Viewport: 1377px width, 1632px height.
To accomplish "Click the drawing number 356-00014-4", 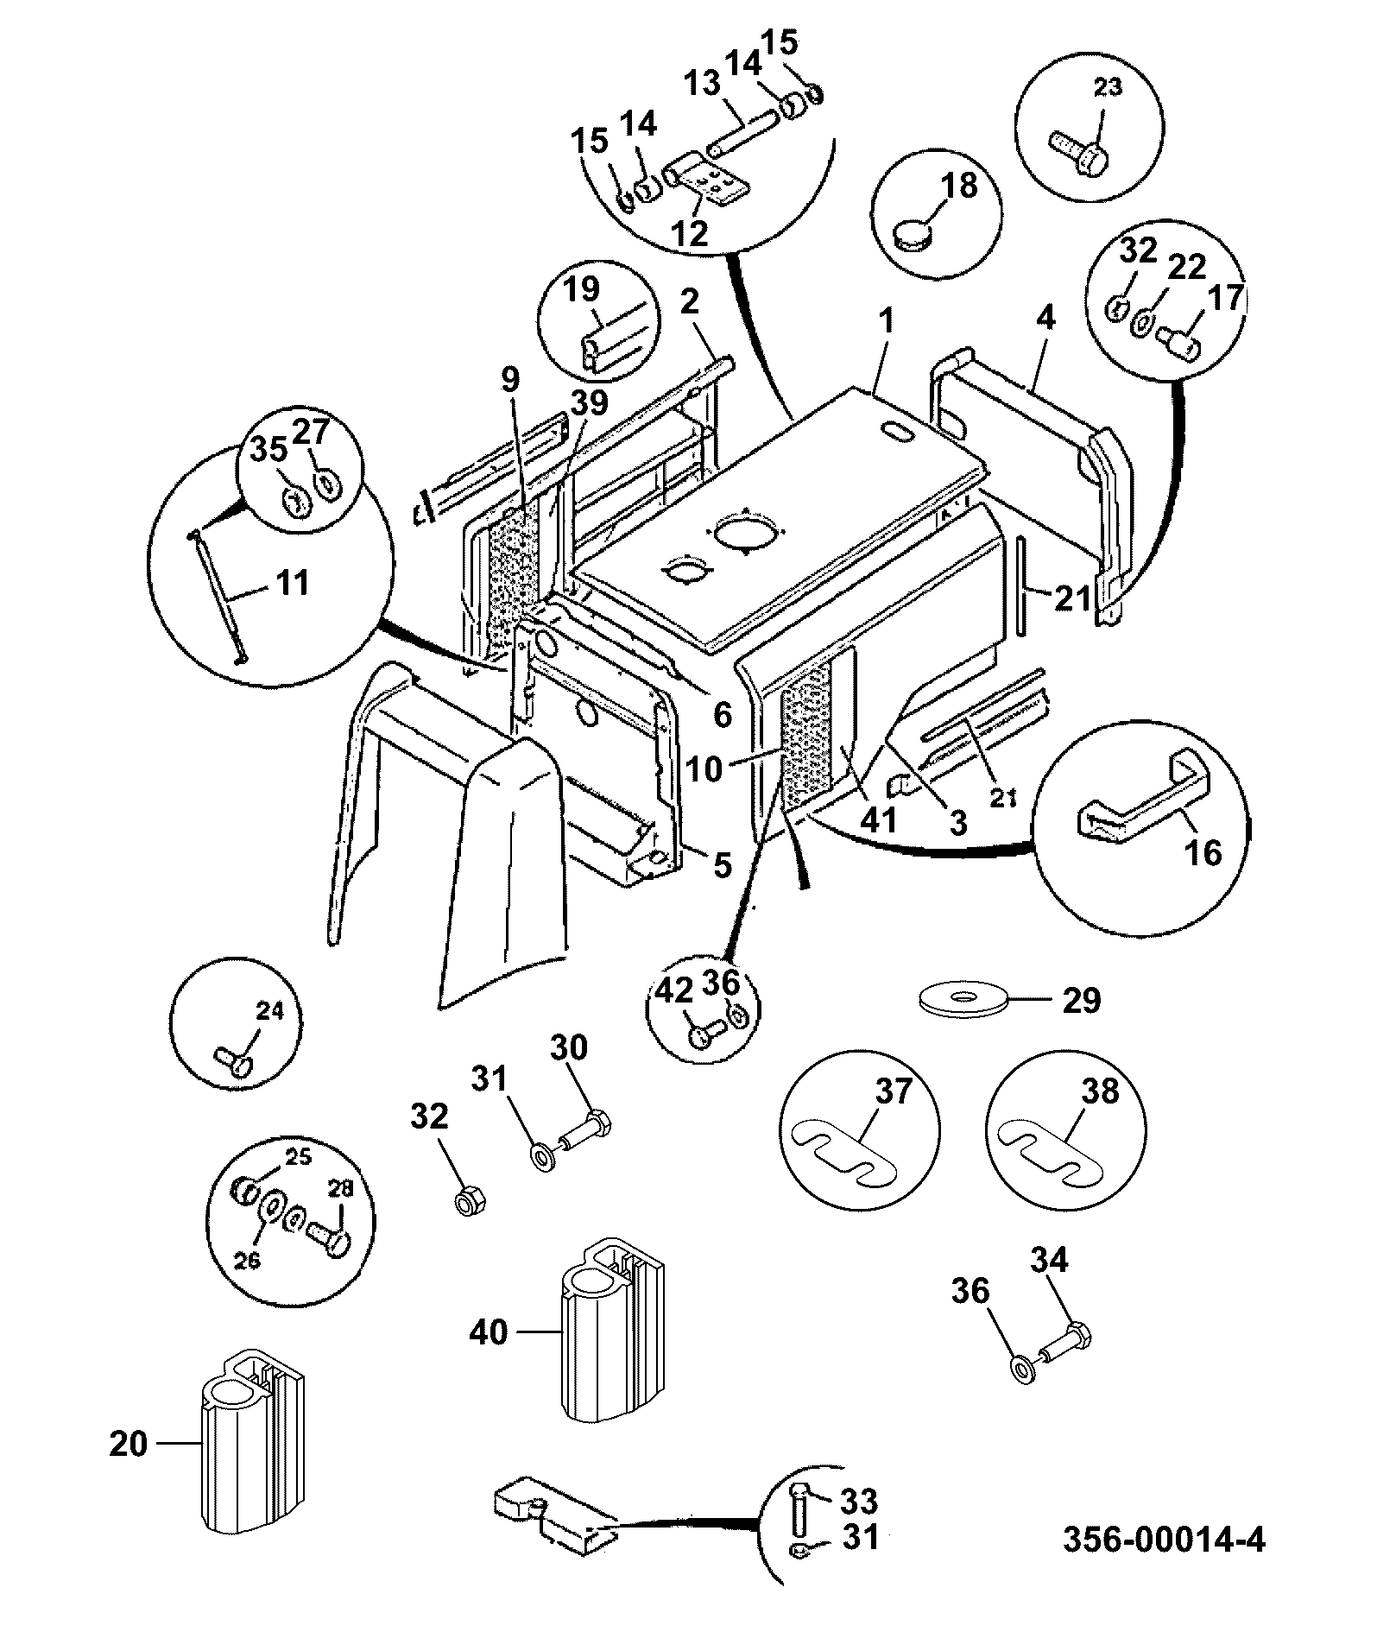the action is pos(1164,1538).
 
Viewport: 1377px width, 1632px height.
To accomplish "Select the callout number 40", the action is pos(488,1332).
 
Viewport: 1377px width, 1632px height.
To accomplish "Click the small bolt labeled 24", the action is pos(233,1059).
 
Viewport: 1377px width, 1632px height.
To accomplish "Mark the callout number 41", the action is pos(881,819).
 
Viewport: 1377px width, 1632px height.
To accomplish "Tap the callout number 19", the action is pos(583,288).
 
